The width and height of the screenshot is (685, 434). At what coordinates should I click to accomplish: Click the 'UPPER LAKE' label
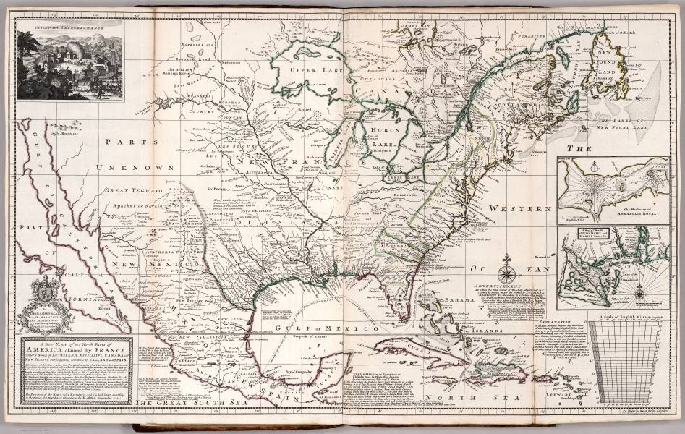tap(318, 70)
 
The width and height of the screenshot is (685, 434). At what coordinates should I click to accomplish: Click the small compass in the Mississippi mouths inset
tap(639, 293)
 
